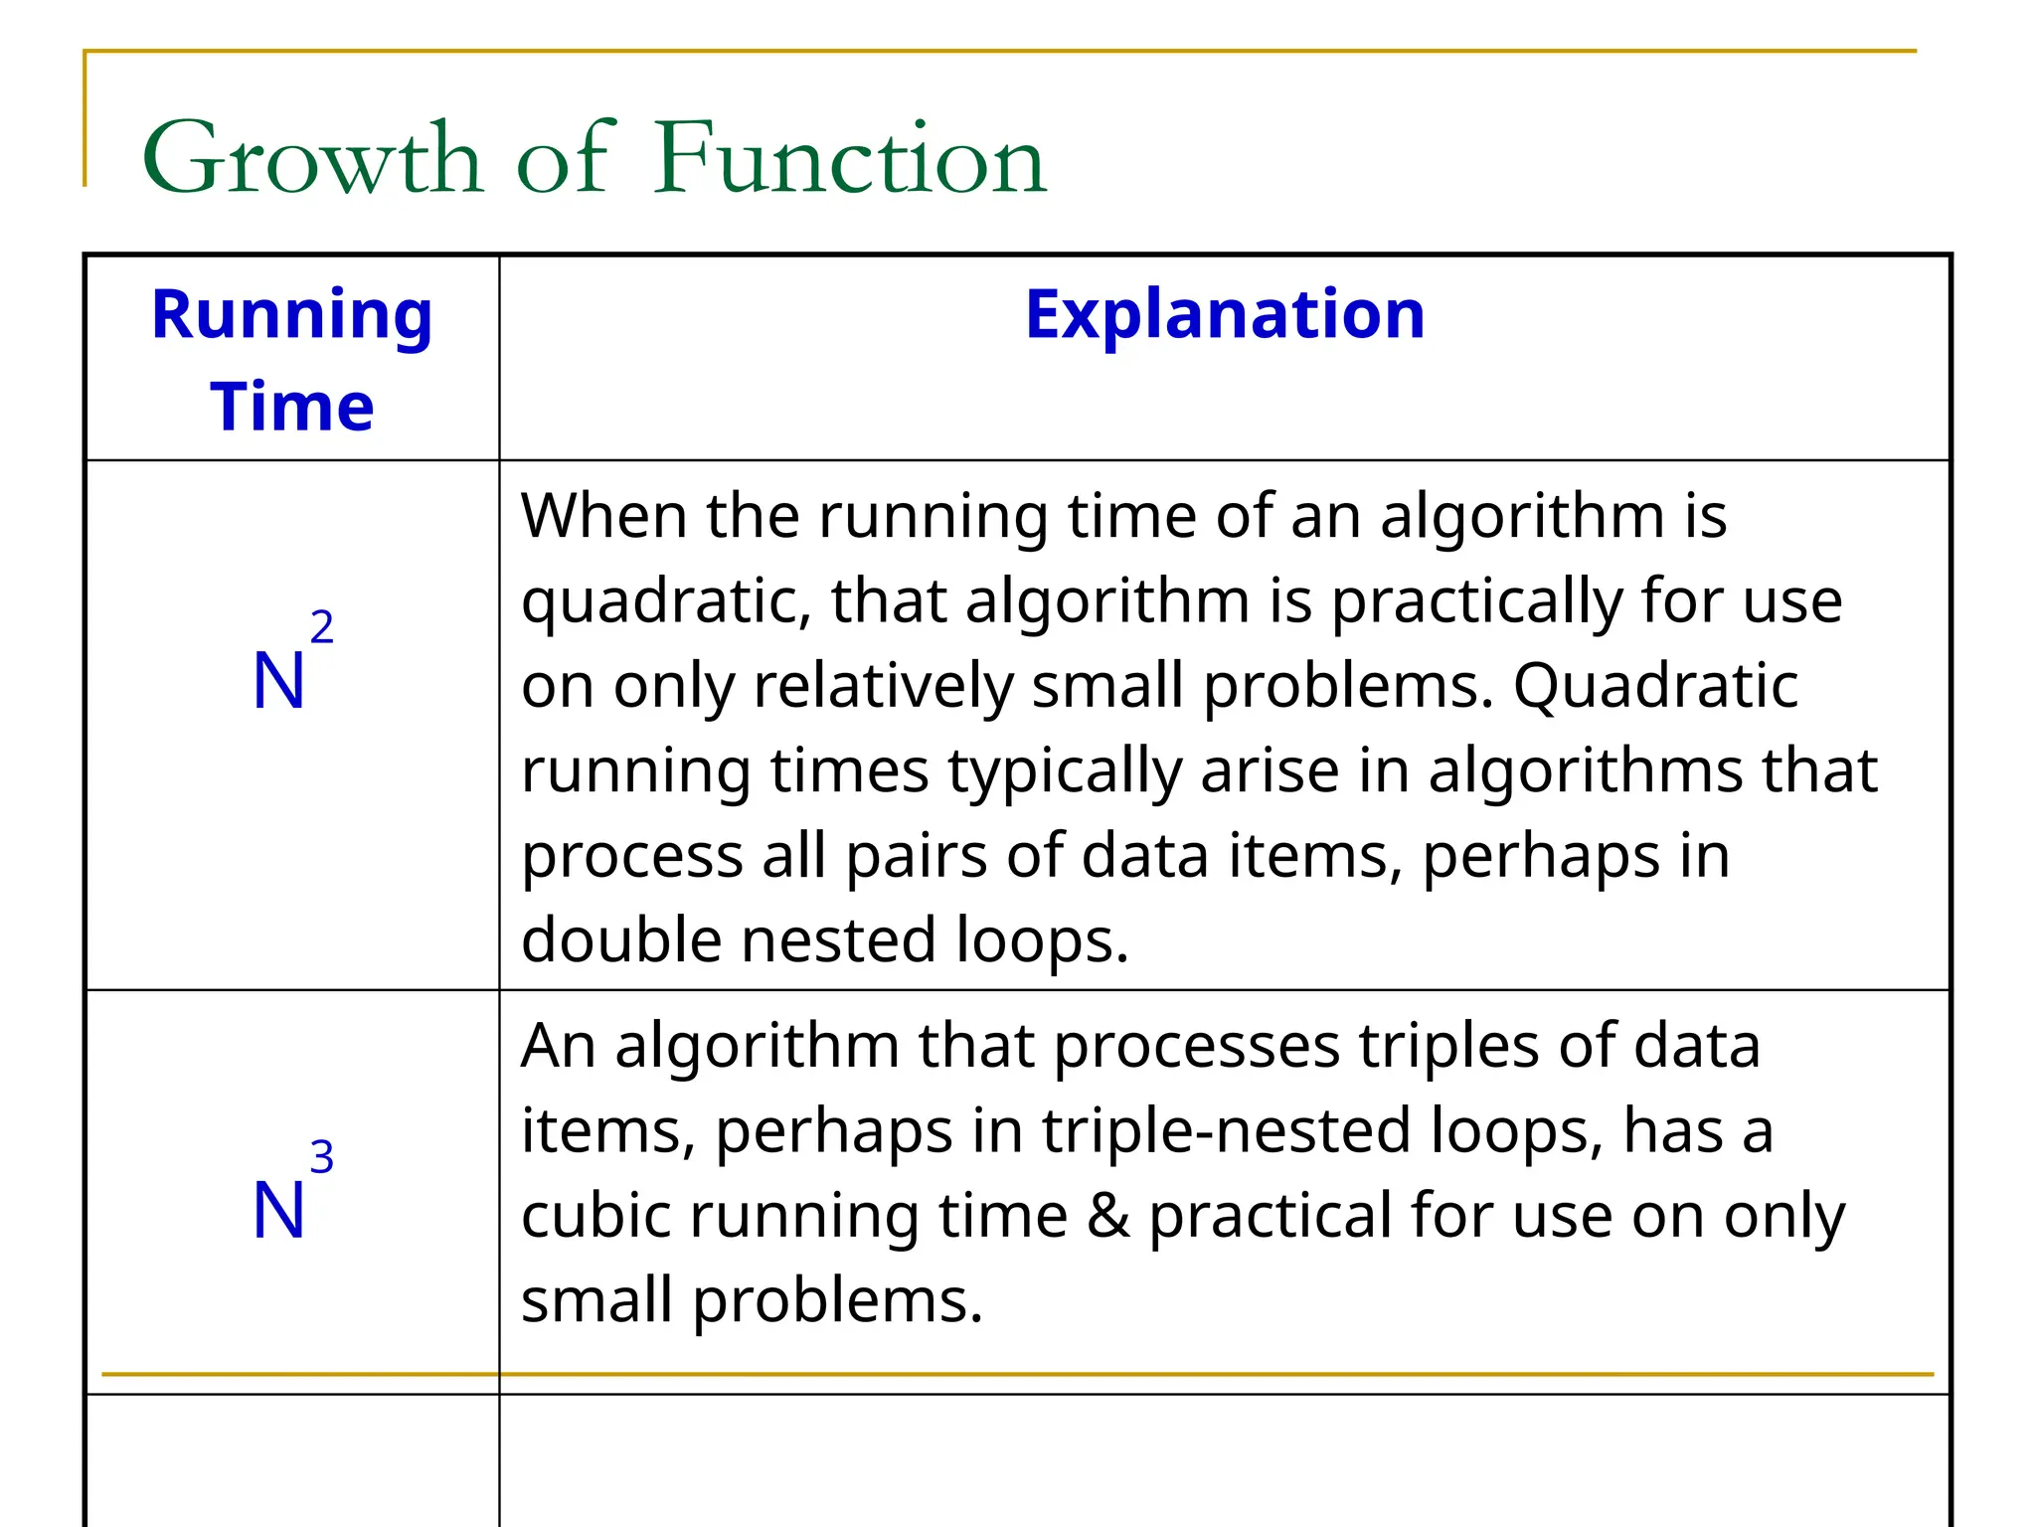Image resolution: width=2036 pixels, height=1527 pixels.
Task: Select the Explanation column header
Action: (1225, 314)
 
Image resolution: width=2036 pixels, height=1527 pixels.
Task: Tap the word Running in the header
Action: (292, 314)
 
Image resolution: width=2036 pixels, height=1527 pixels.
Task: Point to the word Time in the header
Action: (292, 407)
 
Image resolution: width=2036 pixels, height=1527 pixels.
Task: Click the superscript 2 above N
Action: (321, 627)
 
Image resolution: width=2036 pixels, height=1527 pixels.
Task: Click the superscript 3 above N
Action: (321, 1157)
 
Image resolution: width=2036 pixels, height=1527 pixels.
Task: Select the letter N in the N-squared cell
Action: (278, 682)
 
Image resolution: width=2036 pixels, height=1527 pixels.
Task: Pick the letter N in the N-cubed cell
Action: (278, 1211)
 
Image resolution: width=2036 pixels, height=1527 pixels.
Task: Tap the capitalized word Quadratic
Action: (1655, 686)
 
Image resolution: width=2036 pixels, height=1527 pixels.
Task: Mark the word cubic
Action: (595, 1216)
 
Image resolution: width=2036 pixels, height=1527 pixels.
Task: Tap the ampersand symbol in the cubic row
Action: (1108, 1216)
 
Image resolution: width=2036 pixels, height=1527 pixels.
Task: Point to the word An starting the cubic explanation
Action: (558, 1047)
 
